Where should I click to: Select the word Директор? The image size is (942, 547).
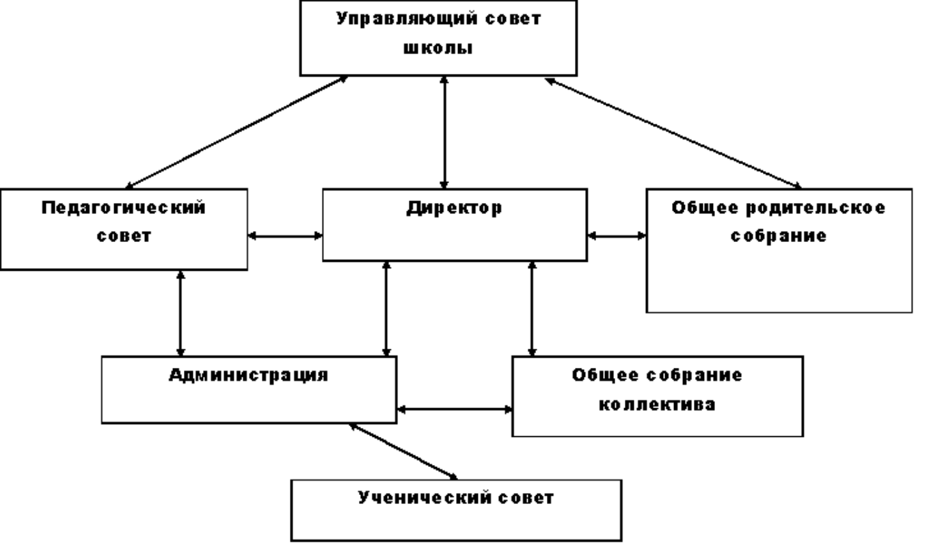pos(453,207)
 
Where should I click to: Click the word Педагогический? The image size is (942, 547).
pos(123,207)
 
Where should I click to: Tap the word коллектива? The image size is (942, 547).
pos(657,404)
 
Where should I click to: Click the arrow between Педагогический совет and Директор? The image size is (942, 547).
pos(285,236)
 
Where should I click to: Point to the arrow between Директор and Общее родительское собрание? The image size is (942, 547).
pos(617,236)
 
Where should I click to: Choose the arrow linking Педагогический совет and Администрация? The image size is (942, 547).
pos(180,312)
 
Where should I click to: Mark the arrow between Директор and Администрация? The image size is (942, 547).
pos(387,308)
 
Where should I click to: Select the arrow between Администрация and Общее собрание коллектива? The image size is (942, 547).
pos(455,410)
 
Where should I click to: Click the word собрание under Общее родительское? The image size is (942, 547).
pos(779,237)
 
